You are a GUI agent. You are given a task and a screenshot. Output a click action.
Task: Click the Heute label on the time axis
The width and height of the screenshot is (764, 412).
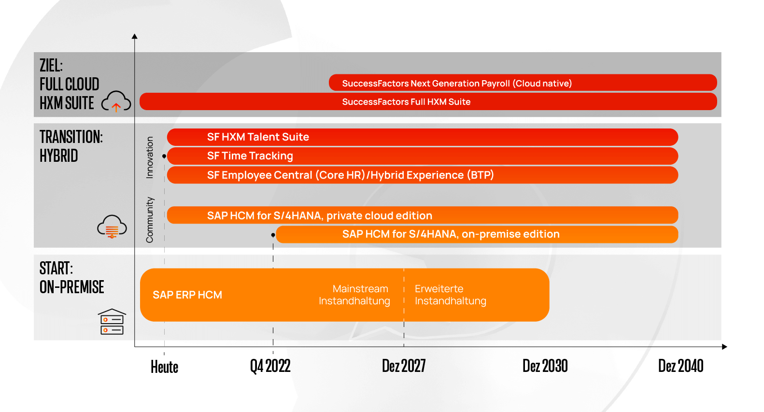pyautogui.click(x=164, y=367)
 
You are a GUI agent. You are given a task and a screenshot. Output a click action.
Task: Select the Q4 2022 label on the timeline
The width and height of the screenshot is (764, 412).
pyautogui.click(x=270, y=366)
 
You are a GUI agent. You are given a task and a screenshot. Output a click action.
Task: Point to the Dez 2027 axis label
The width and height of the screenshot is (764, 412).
pyautogui.click(x=404, y=366)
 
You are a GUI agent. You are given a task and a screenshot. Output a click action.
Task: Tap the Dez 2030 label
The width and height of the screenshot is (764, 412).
pyautogui.click(x=545, y=366)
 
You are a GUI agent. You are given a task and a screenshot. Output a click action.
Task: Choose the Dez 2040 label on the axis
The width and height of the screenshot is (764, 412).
pyautogui.click(x=680, y=366)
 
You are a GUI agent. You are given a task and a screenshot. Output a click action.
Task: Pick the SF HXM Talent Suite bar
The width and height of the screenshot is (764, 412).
pyautogui.click(x=422, y=137)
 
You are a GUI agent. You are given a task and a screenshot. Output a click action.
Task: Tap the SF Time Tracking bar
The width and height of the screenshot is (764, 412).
pyautogui.click(x=422, y=156)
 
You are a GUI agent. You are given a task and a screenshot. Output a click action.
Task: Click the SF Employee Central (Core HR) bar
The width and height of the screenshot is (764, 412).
pyautogui.click(x=422, y=175)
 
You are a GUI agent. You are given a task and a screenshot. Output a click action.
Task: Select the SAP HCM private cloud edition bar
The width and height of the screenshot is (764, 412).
pyautogui.click(x=422, y=215)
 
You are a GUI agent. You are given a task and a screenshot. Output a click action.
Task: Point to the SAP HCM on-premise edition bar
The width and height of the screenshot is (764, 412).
pyautogui.click(x=477, y=234)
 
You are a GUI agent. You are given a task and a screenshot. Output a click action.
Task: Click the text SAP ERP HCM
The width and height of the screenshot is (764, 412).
pyautogui.click(x=187, y=295)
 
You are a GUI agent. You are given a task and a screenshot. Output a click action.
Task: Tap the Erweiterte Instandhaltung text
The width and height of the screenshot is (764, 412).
pyautogui.click(x=450, y=295)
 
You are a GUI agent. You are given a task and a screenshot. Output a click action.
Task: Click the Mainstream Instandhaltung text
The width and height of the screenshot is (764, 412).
pyautogui.click(x=355, y=295)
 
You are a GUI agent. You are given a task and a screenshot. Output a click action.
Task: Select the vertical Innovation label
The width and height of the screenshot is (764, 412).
pyautogui.click(x=150, y=157)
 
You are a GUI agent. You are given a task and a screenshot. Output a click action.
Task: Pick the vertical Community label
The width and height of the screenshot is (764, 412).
pyautogui.click(x=150, y=220)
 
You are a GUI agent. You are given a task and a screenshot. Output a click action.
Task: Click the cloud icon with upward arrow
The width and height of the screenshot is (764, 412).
pyautogui.click(x=116, y=101)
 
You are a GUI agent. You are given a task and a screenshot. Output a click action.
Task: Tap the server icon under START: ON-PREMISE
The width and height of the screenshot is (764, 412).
pyautogui.click(x=112, y=322)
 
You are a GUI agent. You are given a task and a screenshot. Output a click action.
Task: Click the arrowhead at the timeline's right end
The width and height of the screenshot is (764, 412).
pyautogui.click(x=724, y=347)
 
